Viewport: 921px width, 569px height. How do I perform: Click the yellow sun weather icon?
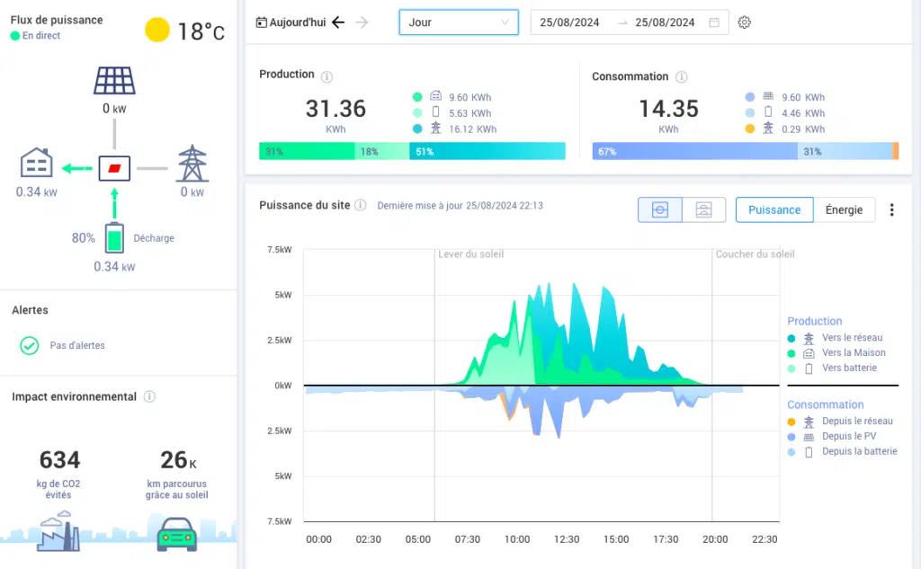click(157, 31)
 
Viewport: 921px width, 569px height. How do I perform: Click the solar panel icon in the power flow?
click(114, 80)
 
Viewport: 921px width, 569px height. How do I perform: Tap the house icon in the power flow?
click(37, 164)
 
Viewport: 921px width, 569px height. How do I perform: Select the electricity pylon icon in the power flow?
click(192, 164)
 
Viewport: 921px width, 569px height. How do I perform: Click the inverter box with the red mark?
click(114, 168)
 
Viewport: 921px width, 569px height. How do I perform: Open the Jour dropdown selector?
click(459, 22)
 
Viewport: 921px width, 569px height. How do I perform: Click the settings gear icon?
click(744, 22)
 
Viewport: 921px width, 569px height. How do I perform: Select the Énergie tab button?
click(844, 209)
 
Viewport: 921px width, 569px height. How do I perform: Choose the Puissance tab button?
click(774, 209)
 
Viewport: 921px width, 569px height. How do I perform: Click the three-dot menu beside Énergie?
click(891, 209)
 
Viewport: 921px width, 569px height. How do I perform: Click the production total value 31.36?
click(335, 109)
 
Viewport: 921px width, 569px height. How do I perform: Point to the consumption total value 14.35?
click(668, 109)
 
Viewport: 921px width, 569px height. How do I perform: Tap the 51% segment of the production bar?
click(487, 152)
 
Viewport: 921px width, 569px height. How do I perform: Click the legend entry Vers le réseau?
click(852, 338)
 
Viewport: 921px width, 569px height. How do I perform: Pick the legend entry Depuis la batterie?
click(859, 451)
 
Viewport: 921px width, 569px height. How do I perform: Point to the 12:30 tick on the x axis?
click(567, 539)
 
